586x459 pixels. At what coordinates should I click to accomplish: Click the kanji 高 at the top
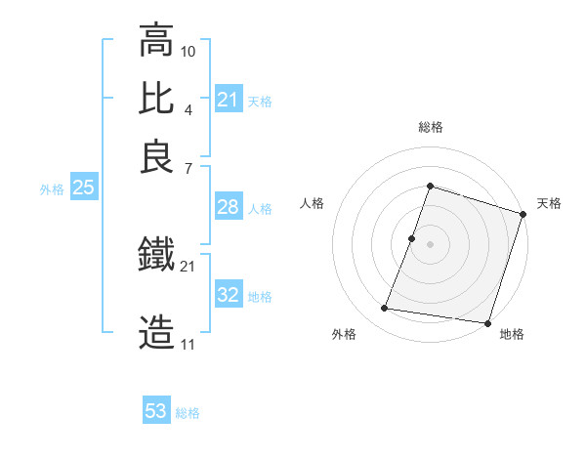(156, 41)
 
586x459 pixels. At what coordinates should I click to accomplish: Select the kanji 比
(156, 99)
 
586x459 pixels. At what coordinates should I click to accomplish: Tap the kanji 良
(156, 155)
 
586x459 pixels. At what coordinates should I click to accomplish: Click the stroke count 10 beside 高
(188, 51)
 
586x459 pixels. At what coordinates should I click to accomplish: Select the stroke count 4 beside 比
(188, 108)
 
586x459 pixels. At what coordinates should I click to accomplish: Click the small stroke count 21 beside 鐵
(188, 266)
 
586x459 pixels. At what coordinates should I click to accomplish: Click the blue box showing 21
(229, 100)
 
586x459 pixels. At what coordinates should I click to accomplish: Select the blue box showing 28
(229, 207)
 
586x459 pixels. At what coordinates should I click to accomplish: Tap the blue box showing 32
(229, 295)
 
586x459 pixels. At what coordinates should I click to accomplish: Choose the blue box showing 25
(83, 188)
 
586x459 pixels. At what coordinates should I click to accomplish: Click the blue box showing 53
(156, 411)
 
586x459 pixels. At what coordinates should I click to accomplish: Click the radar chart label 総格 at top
(431, 127)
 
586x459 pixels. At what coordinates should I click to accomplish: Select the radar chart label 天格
(549, 203)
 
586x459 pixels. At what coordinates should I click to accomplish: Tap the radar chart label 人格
(312, 203)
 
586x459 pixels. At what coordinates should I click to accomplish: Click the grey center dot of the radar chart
(431, 243)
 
